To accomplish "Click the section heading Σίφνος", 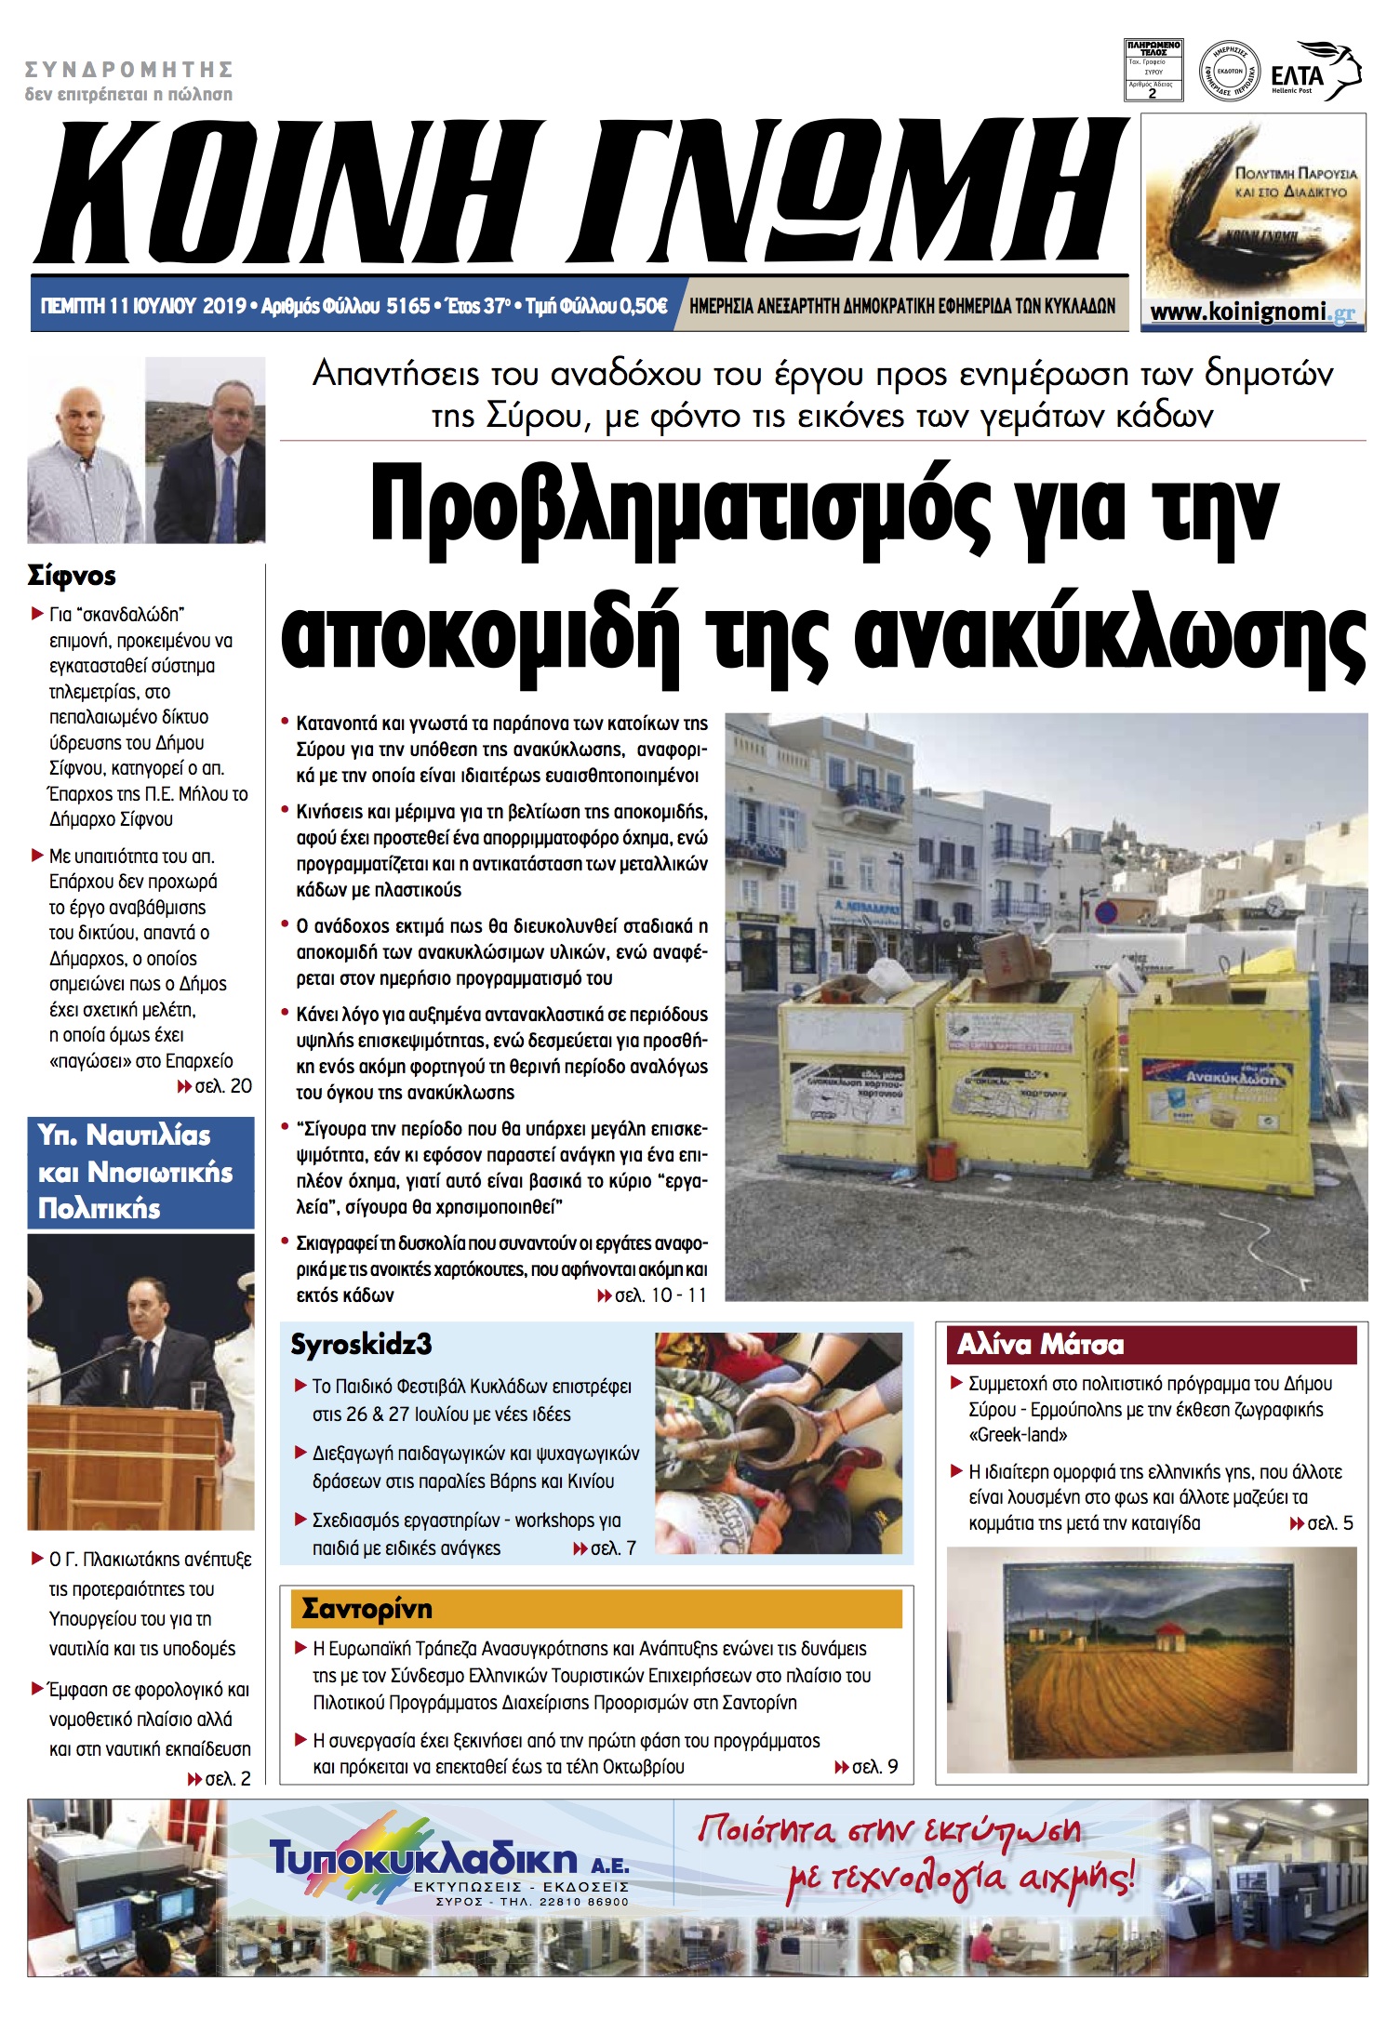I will click(x=72, y=576).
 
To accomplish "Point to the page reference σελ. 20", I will click(x=216, y=1086).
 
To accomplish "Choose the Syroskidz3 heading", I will click(x=361, y=1345).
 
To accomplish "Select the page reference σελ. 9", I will click(x=867, y=1767).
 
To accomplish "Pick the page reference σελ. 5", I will click(x=1322, y=1523).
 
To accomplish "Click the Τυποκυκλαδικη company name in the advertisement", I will click(x=423, y=1859).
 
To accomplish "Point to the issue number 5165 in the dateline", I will click(x=408, y=306).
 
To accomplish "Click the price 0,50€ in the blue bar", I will click(x=643, y=306).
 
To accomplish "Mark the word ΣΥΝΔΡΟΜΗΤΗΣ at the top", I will click(x=128, y=70).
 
